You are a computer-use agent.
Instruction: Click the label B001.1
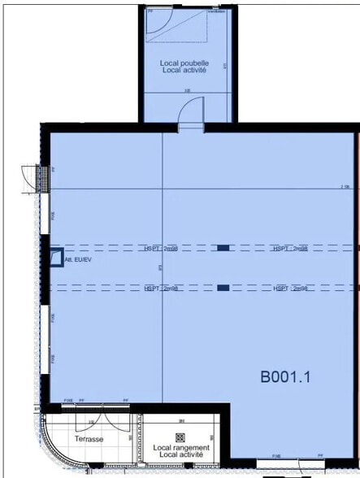pyautogui.click(x=285, y=376)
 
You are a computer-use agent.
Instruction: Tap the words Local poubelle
pyautogui.click(x=184, y=63)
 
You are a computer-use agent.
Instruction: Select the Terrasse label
pyautogui.click(x=89, y=439)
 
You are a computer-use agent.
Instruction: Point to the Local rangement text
pyautogui.click(x=181, y=447)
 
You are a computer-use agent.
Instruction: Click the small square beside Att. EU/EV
pyautogui.click(x=56, y=257)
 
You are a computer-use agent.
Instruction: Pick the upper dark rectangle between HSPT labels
pyautogui.click(x=223, y=248)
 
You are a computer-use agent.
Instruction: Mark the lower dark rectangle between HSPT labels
pyautogui.click(x=223, y=287)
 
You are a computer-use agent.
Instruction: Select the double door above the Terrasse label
pyautogui.click(x=96, y=422)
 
